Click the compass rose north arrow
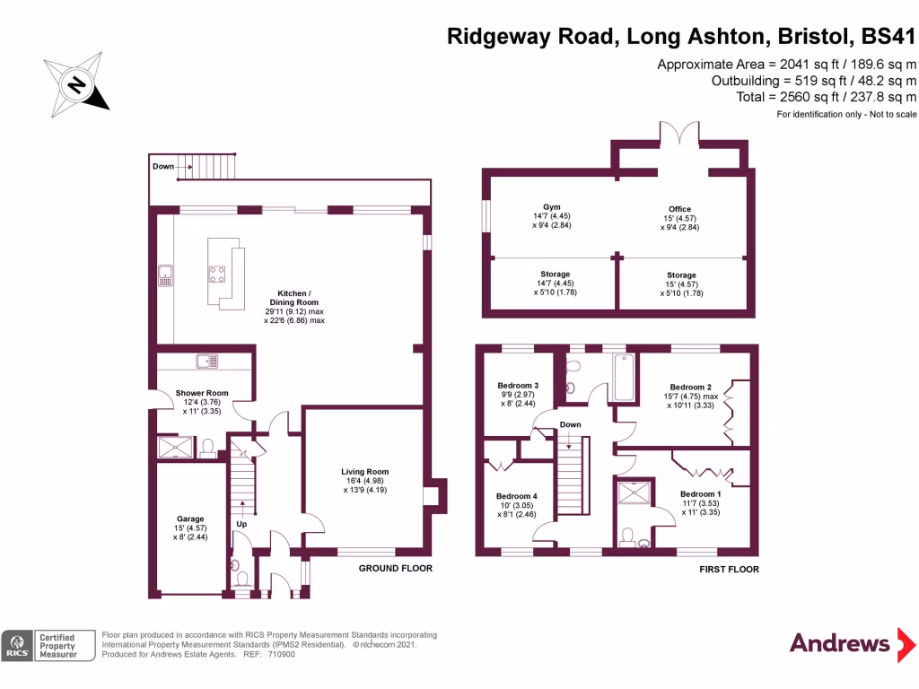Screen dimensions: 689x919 tap(77, 84)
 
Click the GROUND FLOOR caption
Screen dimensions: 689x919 tap(395, 568)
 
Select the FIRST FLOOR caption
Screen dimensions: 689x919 tap(728, 569)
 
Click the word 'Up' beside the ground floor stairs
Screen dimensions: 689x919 tap(241, 524)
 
